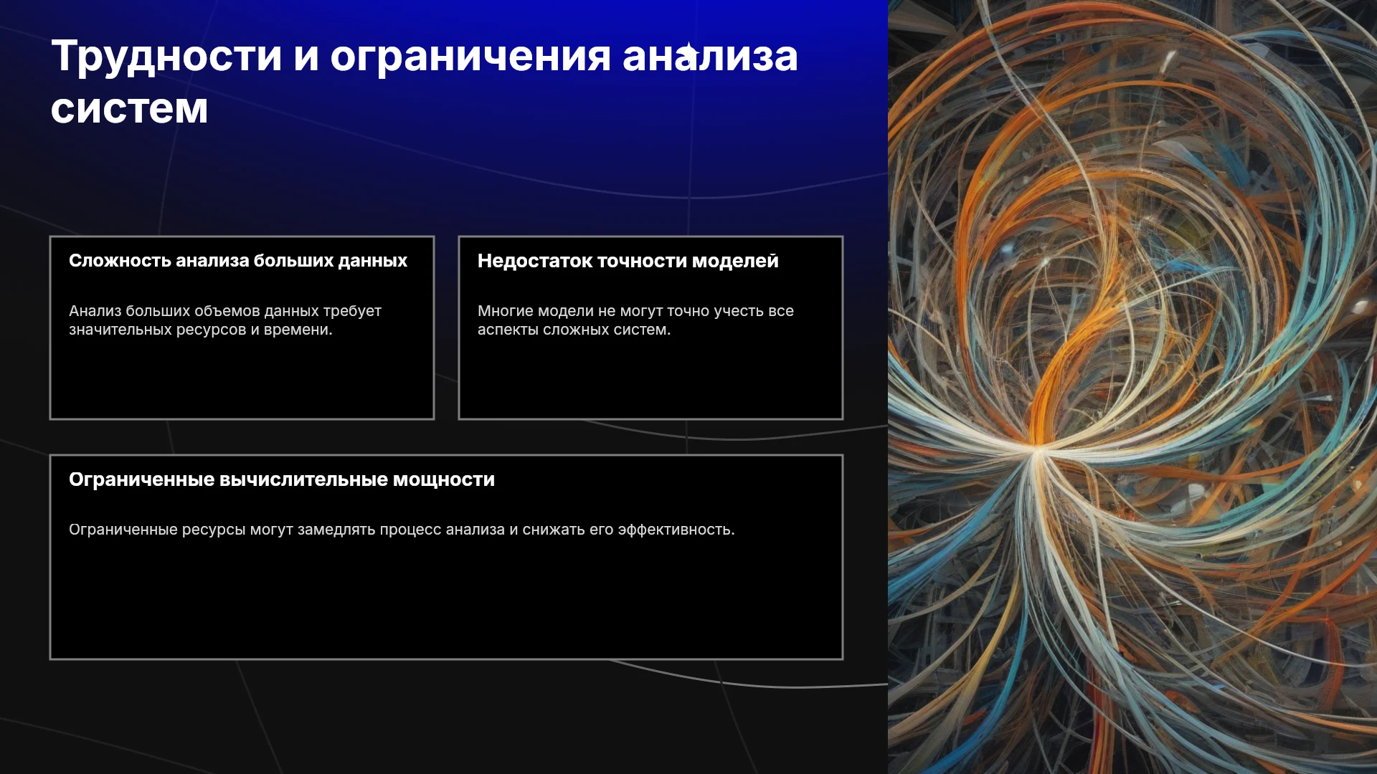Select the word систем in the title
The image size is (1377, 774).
(129, 109)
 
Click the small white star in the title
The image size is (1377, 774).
(688, 53)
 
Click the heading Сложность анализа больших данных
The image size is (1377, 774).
(238, 261)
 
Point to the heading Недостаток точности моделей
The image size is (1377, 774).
(628, 262)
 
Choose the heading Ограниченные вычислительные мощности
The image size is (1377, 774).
(282, 479)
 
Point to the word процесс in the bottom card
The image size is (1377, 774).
(410, 530)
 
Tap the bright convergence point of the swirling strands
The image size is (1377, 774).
(1036, 447)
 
